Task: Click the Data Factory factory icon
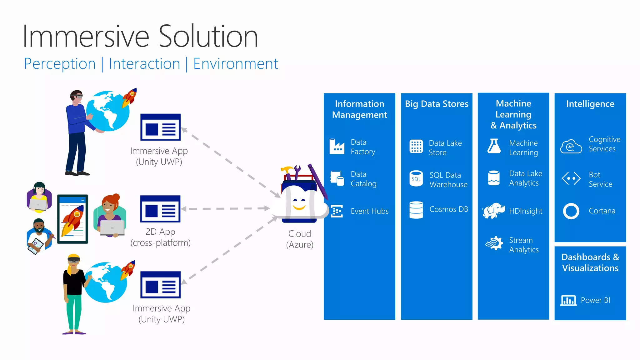tap(337, 147)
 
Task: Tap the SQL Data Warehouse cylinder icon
tap(416, 179)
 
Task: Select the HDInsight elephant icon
tap(493, 211)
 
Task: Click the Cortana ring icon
tap(571, 211)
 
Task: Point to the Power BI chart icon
tap(568, 300)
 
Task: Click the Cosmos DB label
tap(448, 209)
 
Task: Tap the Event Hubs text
tap(369, 211)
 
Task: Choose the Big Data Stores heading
tap(437, 104)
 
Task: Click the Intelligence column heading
tap(590, 104)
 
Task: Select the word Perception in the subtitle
tap(60, 64)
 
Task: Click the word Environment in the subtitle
tap(236, 64)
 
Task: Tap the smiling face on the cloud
tap(299, 204)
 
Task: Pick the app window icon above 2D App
tap(160, 209)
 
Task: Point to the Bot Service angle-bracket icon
tap(571, 179)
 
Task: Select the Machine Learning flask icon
tap(494, 146)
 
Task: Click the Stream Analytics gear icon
tap(494, 243)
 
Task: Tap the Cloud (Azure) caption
tap(300, 239)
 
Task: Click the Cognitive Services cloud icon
tap(571, 146)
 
